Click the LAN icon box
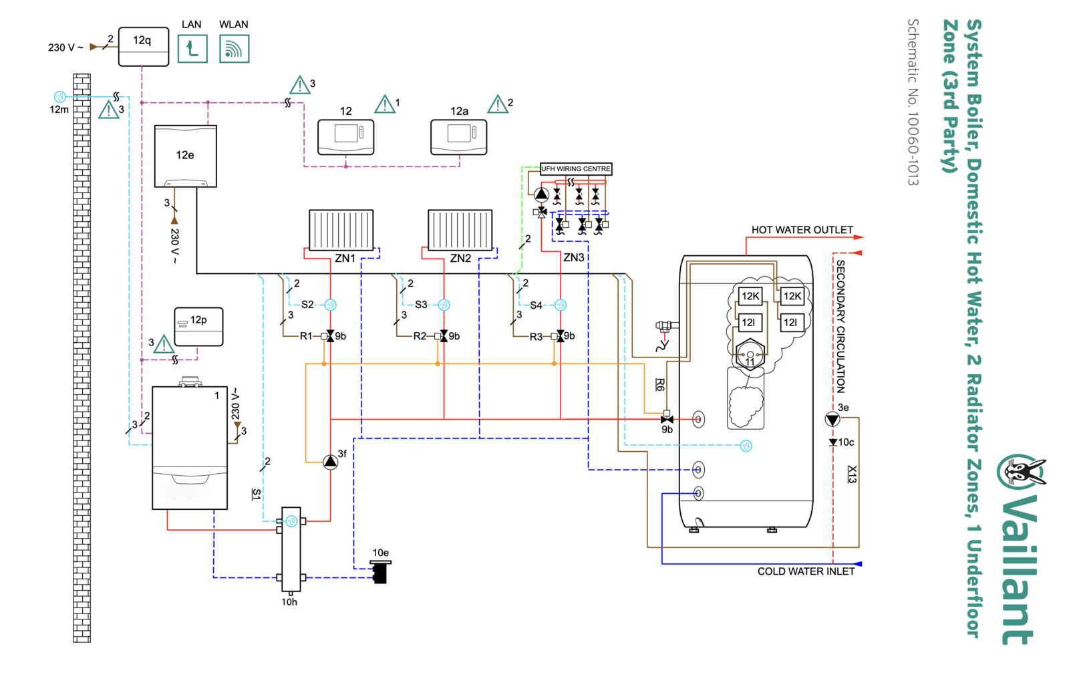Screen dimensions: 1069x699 click(192, 49)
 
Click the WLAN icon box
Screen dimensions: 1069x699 click(235, 49)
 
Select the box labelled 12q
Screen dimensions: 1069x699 click(144, 46)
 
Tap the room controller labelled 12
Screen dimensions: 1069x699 click(346, 137)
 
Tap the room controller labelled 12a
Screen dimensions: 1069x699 click(458, 137)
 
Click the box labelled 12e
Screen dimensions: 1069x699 click(186, 156)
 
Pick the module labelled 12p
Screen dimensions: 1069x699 click(198, 327)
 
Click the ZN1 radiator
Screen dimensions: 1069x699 click(341, 230)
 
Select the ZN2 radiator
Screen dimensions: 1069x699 click(460, 230)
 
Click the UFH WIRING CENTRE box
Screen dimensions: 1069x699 click(576, 168)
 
